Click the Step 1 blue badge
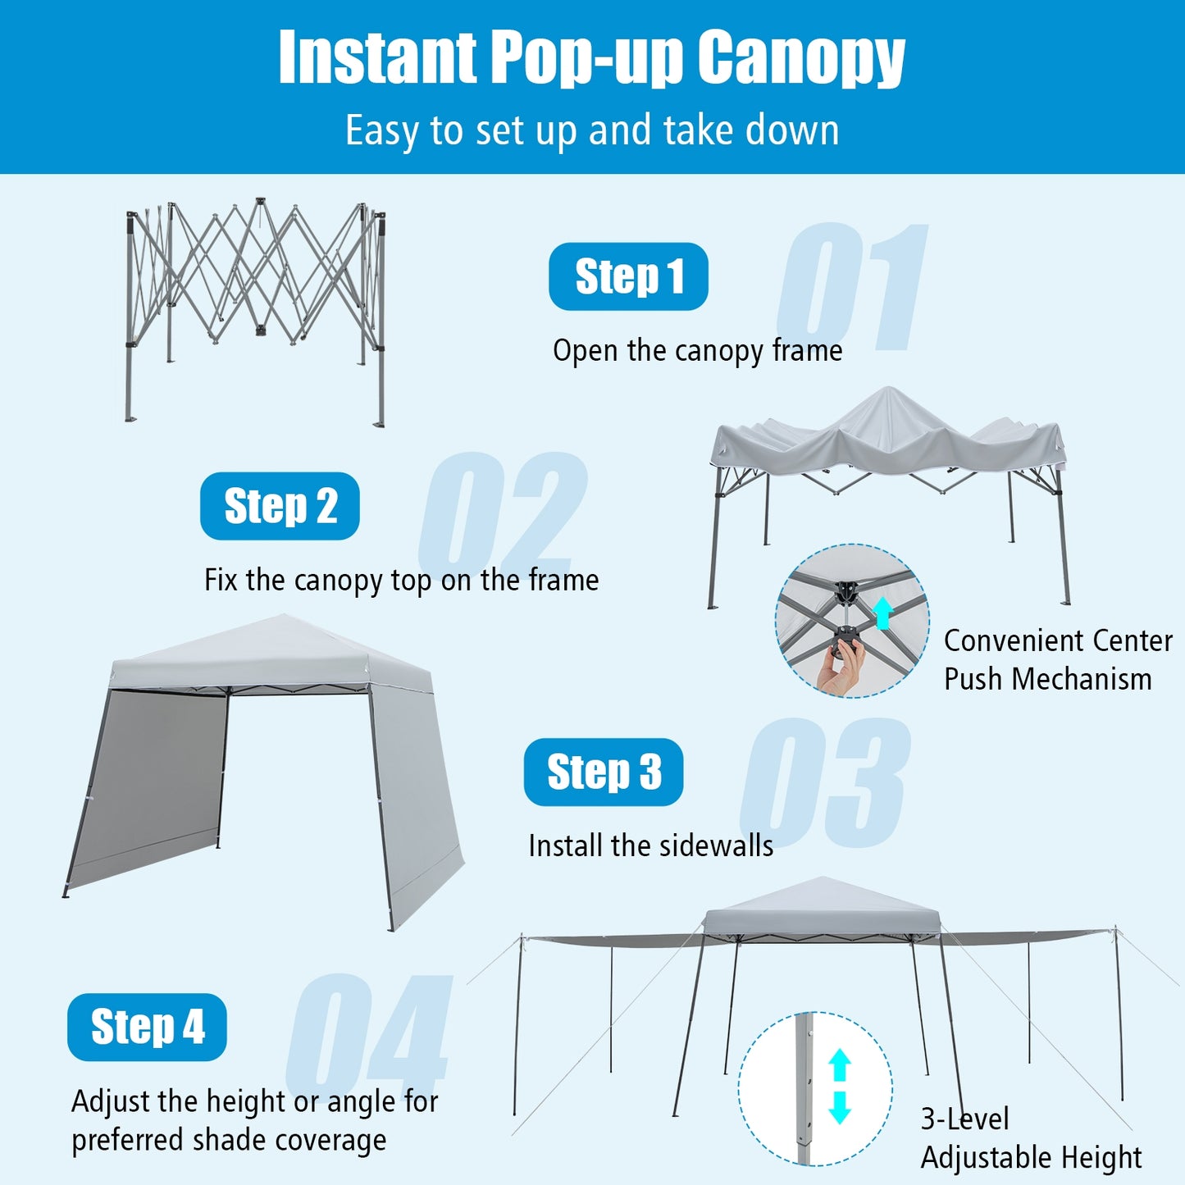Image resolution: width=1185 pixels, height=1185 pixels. click(628, 276)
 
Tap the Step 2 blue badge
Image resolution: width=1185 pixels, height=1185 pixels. click(280, 506)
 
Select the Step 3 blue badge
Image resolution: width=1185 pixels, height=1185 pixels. click(604, 772)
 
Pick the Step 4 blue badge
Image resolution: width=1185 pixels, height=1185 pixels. click(147, 1027)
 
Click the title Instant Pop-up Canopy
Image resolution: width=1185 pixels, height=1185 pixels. click(591, 57)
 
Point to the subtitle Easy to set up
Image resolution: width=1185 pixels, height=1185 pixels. click(591, 130)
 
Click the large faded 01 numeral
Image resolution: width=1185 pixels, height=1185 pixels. click(853, 287)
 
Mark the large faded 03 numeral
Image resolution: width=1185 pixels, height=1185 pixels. click(825, 783)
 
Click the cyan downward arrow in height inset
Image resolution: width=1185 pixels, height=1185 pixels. click(840, 1107)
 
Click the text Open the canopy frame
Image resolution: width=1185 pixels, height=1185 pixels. click(697, 351)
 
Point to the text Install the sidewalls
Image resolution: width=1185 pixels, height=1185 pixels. click(650, 845)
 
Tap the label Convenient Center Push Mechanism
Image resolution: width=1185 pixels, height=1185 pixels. click(1057, 660)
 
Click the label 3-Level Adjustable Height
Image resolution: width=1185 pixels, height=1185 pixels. click(1030, 1138)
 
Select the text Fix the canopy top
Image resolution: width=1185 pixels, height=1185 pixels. click(401, 581)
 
